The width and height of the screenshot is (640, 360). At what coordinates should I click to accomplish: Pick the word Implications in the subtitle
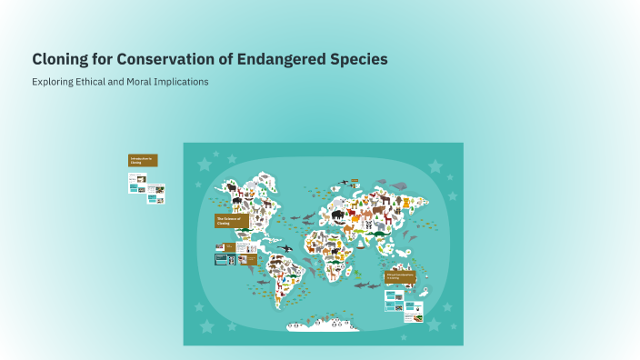pyautogui.click(x=182, y=82)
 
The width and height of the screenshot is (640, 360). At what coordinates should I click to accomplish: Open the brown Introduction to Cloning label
pyautogui.click(x=143, y=160)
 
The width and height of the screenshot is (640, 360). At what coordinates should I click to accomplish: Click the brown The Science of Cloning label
pyautogui.click(x=231, y=221)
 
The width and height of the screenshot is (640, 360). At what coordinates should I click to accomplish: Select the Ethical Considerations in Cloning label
pyautogui.click(x=400, y=275)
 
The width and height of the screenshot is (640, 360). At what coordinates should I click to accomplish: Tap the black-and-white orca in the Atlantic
pyautogui.click(x=286, y=247)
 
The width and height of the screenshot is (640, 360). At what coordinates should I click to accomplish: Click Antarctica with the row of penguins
pyautogui.click(x=323, y=324)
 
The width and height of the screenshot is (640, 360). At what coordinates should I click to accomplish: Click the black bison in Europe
pyautogui.click(x=338, y=215)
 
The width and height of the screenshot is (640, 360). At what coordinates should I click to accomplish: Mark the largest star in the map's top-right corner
pyautogui.click(x=435, y=166)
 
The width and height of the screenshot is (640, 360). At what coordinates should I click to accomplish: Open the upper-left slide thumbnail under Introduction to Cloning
pyautogui.click(x=136, y=179)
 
